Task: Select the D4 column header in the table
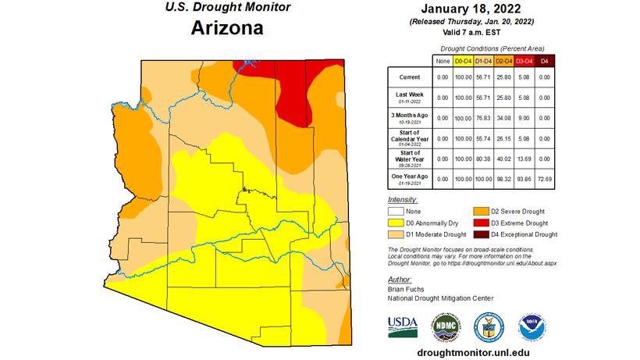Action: coord(544,60)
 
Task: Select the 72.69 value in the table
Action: coord(544,180)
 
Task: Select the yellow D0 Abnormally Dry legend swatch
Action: coord(395,222)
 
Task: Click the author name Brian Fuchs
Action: coord(404,289)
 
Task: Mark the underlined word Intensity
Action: coord(402,200)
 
